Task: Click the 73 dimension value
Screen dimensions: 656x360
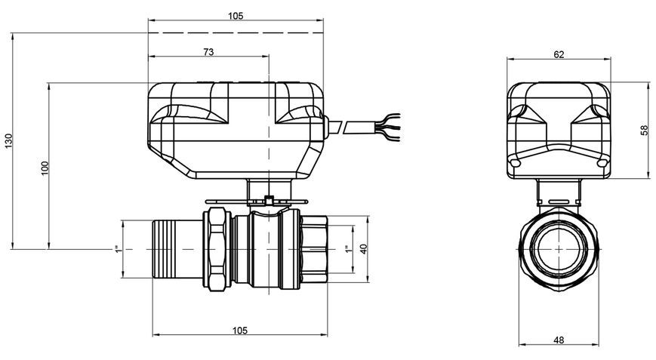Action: (x=208, y=52)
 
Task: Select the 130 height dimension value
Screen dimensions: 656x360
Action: (x=9, y=140)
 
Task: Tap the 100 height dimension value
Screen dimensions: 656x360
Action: (x=45, y=168)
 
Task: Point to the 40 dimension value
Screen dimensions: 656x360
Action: (x=364, y=249)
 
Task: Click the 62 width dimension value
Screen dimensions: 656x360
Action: (x=559, y=54)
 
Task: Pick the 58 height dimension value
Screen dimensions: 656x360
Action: (x=644, y=130)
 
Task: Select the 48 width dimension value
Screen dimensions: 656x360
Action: (x=559, y=340)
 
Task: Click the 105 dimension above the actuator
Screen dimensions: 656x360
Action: (x=236, y=16)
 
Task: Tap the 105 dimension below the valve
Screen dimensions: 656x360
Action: (x=240, y=331)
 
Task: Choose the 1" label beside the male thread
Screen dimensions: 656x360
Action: (x=118, y=249)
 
